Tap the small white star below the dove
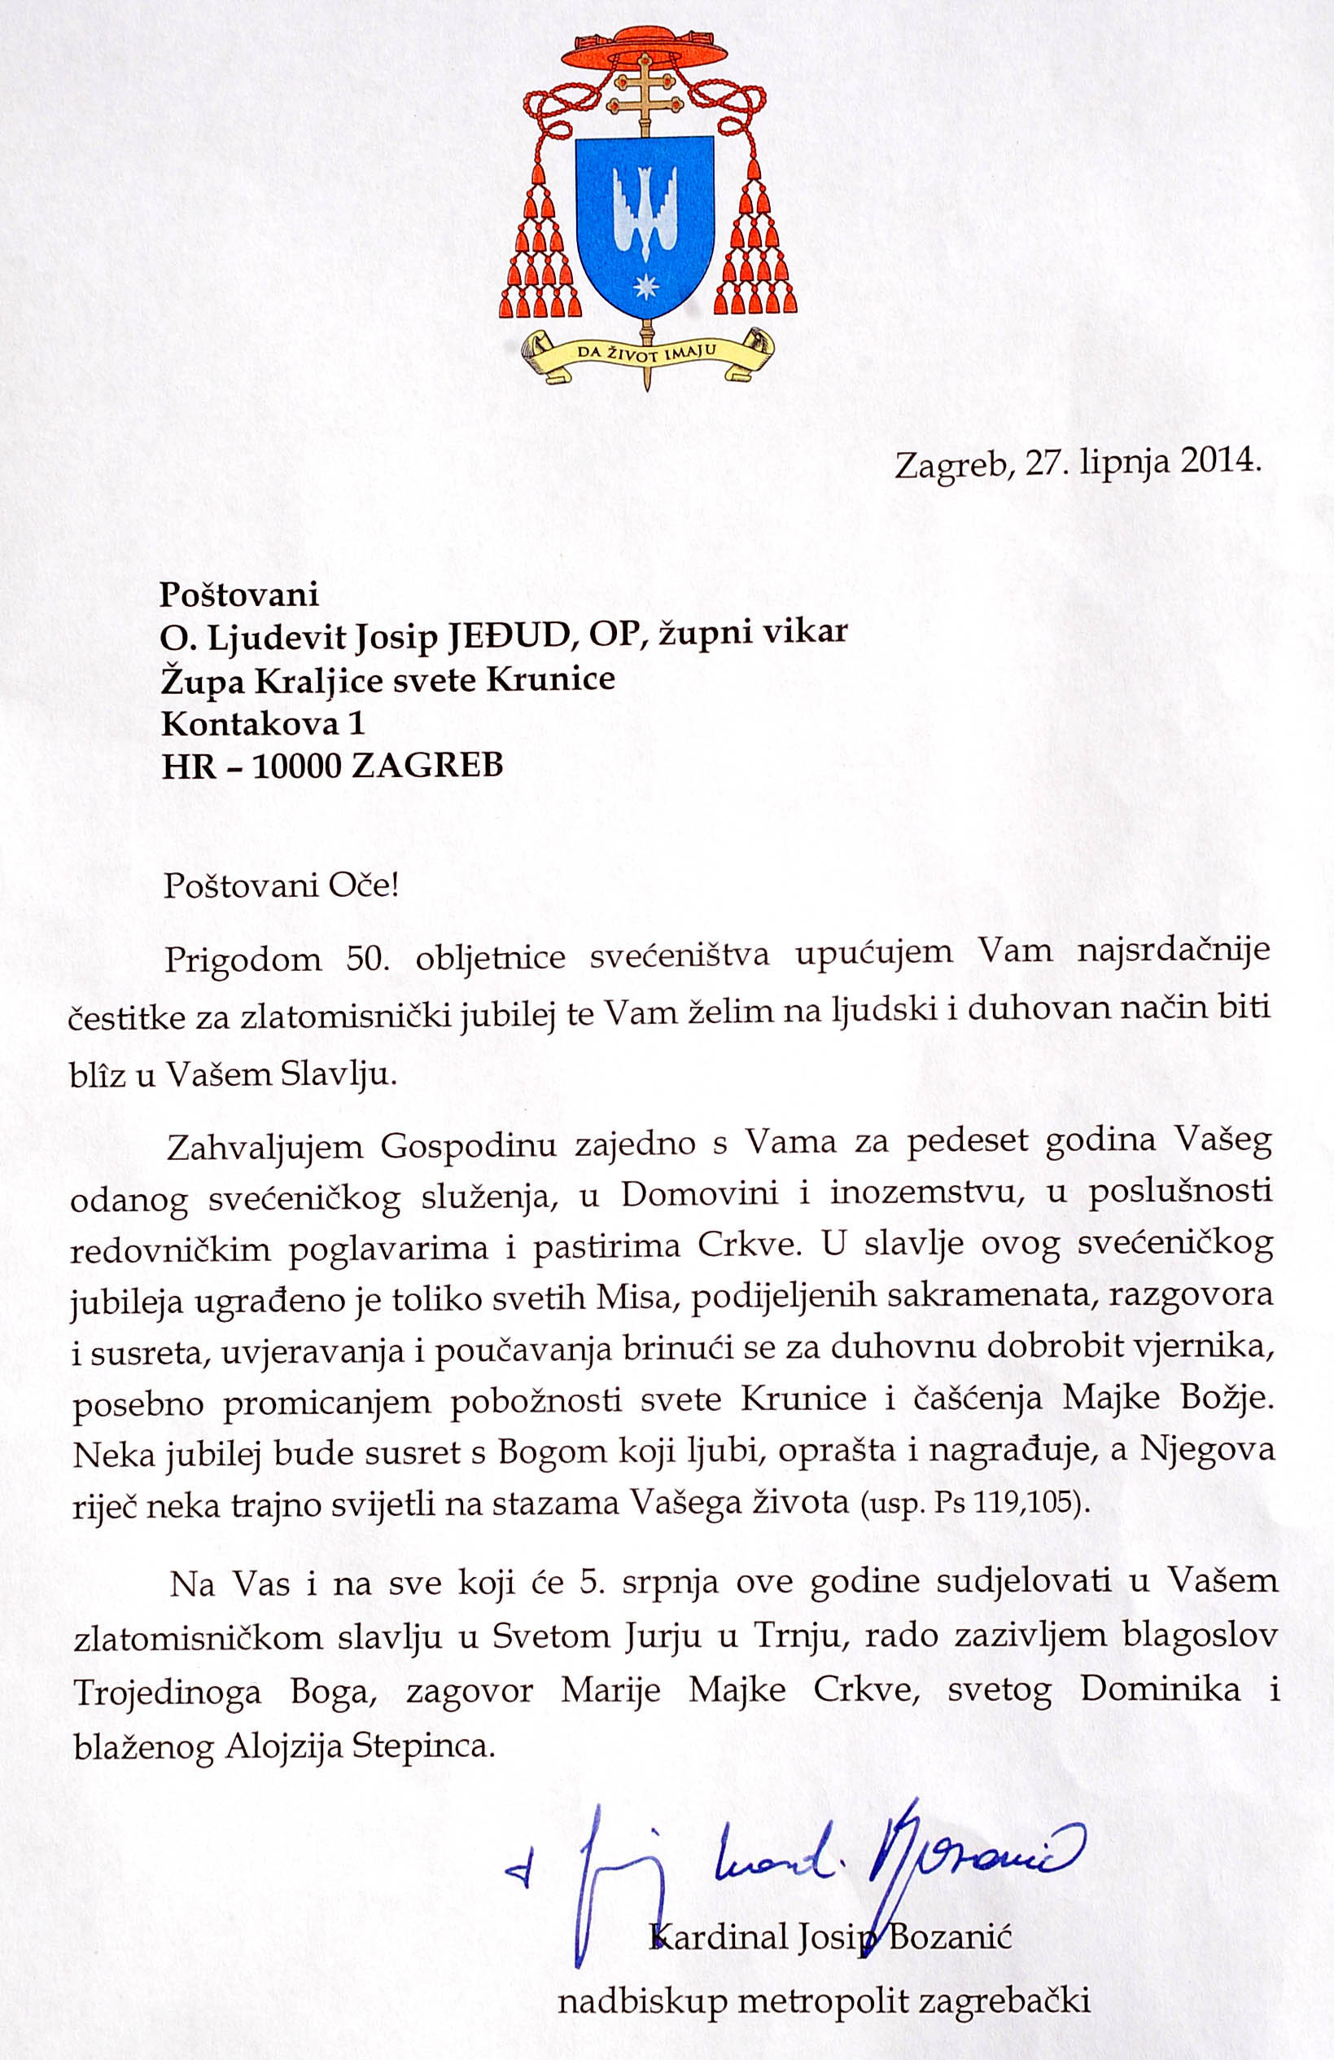pyautogui.click(x=645, y=287)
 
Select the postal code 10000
pyautogui.click(x=293, y=766)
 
